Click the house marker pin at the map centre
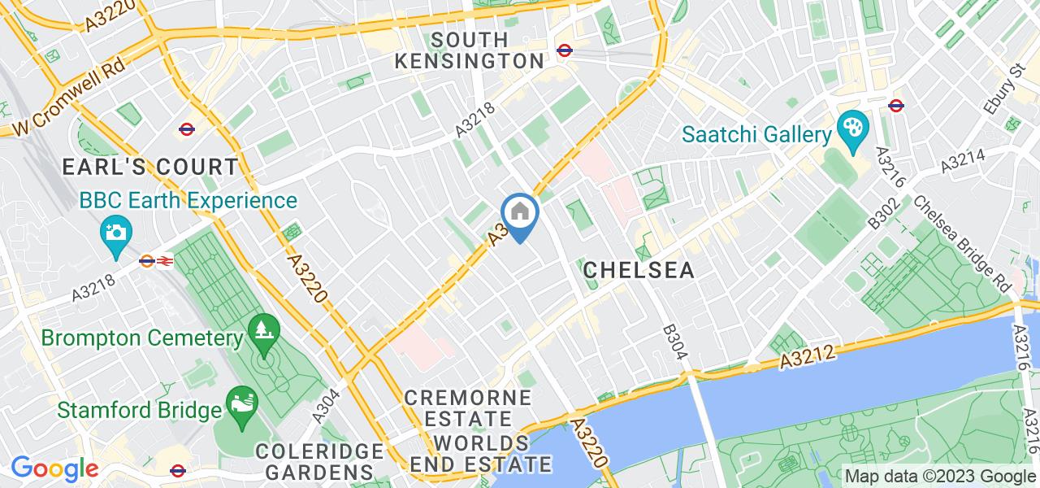tap(520, 214)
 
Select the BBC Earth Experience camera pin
tap(116, 233)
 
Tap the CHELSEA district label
tap(639, 270)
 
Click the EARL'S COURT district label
tap(151, 168)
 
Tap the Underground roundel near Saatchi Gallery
tap(896, 105)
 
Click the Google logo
tap(54, 469)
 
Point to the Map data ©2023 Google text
tap(940, 476)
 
